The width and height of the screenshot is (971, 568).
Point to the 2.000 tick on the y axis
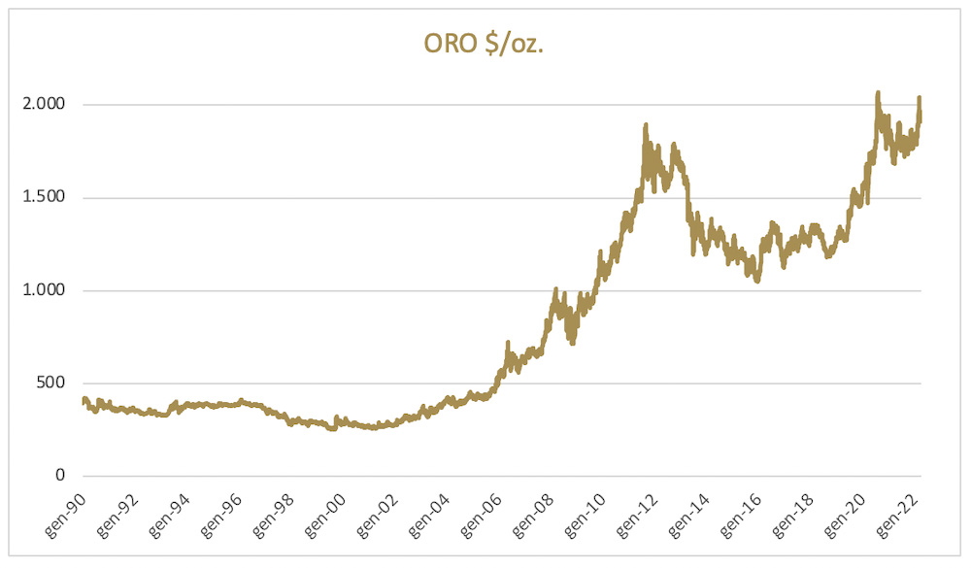(48, 105)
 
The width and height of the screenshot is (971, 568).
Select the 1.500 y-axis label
(48, 198)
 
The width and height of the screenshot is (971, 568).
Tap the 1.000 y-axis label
(48, 290)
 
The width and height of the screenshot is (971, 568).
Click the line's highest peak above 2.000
(878, 93)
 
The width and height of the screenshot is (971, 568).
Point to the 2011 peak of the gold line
(646, 125)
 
